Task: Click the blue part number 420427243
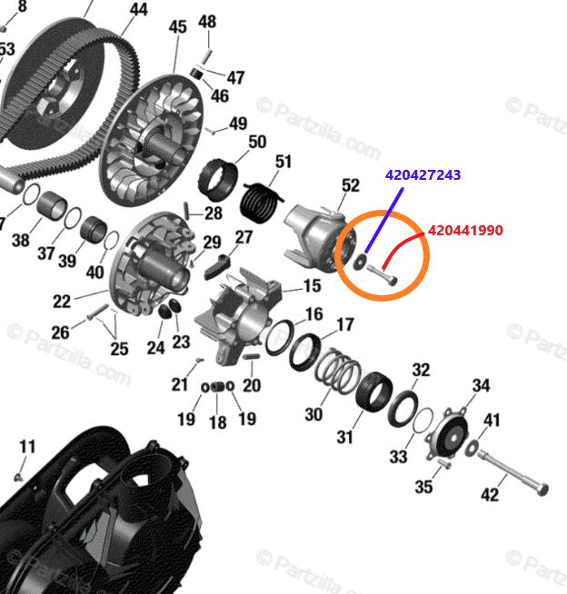423,173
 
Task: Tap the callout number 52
351,185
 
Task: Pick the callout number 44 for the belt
138,10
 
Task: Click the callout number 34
481,386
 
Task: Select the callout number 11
27,446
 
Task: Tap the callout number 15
312,286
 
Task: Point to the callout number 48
207,21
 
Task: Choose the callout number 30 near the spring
313,414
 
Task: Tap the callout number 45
177,27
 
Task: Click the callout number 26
60,332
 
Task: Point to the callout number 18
218,422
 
